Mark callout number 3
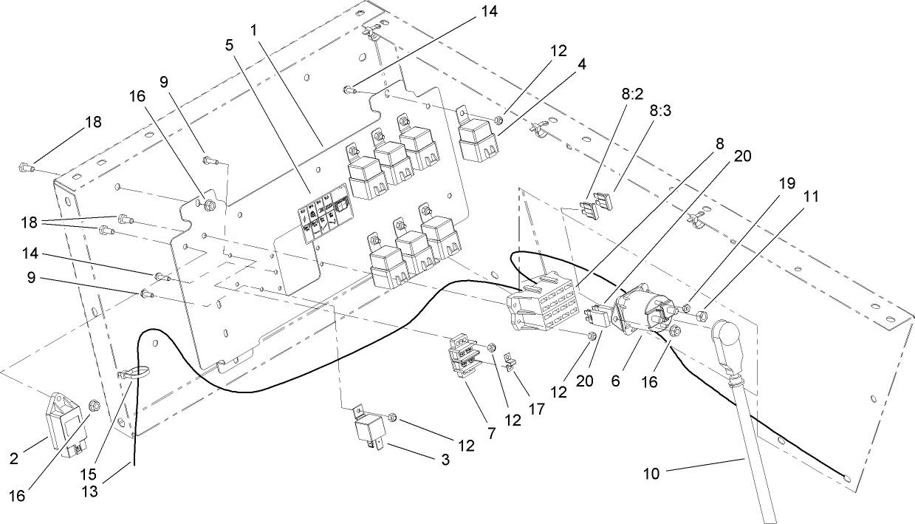445,459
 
